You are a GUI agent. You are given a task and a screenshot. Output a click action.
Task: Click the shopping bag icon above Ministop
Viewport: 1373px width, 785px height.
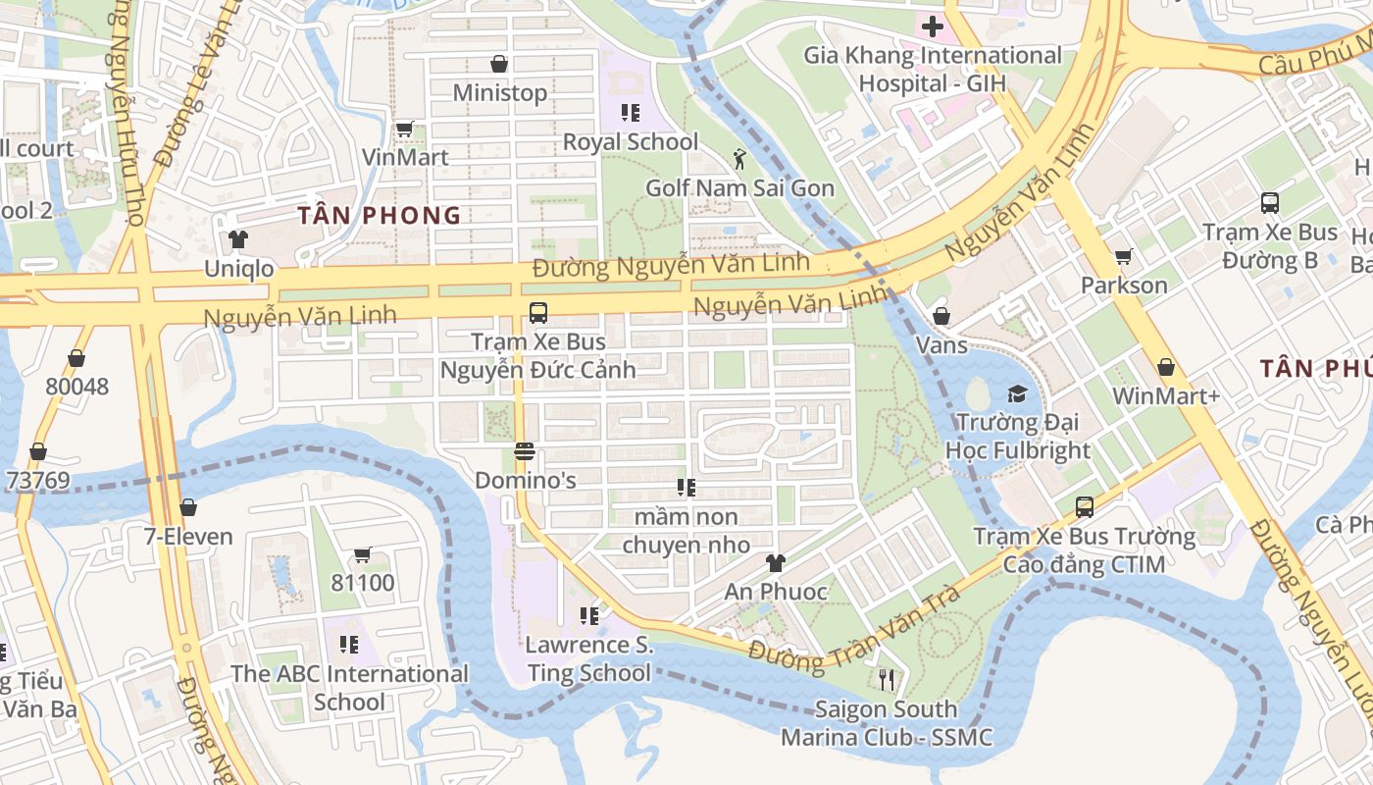point(499,64)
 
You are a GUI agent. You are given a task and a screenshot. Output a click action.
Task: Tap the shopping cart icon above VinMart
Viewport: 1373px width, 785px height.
point(404,129)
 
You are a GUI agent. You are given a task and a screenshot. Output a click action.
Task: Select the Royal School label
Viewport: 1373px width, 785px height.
point(631,141)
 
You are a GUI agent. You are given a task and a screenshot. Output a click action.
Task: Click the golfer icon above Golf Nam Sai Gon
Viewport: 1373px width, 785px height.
point(739,158)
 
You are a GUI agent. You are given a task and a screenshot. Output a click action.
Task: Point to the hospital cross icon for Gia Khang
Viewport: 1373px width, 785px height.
point(932,26)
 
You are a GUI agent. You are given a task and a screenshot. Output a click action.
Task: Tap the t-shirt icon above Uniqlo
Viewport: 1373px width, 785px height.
point(238,238)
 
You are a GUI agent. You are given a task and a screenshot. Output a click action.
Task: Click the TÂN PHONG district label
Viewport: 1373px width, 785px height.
point(380,216)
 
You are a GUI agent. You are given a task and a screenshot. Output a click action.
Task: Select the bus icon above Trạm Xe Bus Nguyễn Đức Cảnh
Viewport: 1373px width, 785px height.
point(537,313)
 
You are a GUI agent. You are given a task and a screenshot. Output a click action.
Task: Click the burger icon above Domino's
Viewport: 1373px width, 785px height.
point(525,452)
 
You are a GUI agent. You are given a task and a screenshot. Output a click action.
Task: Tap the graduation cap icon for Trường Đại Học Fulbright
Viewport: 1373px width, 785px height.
point(1017,393)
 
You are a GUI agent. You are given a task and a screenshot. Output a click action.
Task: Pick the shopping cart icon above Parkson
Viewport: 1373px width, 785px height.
point(1124,256)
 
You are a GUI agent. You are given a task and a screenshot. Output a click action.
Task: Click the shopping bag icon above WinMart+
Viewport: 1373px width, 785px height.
point(1166,367)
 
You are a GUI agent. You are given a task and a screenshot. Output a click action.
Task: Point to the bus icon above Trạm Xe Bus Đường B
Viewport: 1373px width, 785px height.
point(1270,203)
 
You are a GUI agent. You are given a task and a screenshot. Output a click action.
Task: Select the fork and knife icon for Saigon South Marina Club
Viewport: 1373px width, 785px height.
point(887,679)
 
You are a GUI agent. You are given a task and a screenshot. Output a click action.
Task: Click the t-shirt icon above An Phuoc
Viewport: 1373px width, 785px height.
point(776,562)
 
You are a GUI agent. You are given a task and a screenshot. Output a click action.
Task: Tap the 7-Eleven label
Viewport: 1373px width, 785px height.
point(188,537)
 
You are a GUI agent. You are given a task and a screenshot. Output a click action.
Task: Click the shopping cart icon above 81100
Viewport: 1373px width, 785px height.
point(363,554)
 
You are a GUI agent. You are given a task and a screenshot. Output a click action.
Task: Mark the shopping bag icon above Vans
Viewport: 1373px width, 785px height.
point(941,316)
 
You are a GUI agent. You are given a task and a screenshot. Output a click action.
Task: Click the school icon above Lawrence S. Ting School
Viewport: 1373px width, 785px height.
point(588,615)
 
